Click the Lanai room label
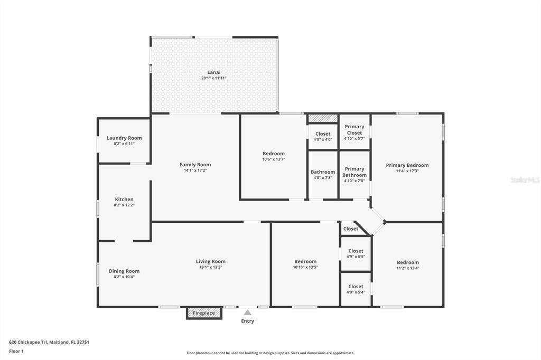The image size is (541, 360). click(213, 72)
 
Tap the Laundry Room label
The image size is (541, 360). click(124, 138)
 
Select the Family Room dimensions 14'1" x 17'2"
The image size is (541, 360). click(195, 170)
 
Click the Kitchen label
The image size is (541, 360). click(124, 200)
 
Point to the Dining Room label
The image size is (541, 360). click(124, 271)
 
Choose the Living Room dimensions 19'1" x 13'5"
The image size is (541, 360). click(211, 267)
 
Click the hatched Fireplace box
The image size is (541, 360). click(204, 313)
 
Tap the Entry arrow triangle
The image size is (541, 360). click(247, 312)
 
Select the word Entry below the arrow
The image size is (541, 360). click(247, 321)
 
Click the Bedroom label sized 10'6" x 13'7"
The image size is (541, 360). click(274, 154)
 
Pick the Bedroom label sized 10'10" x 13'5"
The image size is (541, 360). click(305, 262)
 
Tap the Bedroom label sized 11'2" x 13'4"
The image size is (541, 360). click(408, 262)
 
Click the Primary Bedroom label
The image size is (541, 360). click(407, 165)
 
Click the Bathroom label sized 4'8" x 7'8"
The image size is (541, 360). click(323, 172)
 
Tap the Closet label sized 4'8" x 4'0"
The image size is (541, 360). click(323, 134)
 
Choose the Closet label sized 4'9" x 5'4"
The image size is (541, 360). click(356, 287)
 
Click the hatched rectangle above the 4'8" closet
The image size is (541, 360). click(323, 118)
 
